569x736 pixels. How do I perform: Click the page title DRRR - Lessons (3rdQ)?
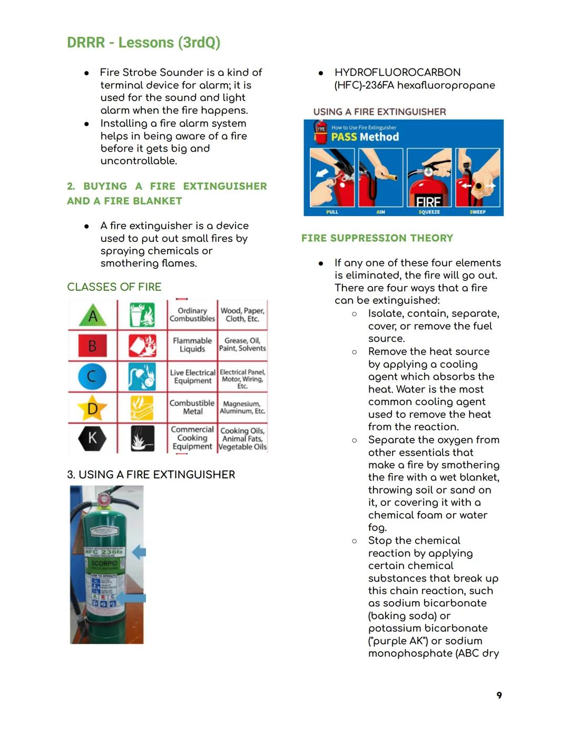coord(143,43)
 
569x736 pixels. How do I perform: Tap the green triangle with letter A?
coord(93,316)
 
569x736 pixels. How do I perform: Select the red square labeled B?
coord(92,346)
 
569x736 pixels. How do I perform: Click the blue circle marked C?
coord(92,376)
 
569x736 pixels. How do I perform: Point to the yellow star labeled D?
coord(92,408)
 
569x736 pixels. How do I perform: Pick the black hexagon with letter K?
coord(92,438)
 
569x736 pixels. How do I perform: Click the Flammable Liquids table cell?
coord(192,345)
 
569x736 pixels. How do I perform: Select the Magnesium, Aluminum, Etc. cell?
coord(242,407)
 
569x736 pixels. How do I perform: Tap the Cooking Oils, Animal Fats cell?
coord(242,438)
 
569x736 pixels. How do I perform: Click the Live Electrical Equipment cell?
coord(192,376)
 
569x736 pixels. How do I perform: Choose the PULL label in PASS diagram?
coord(332,212)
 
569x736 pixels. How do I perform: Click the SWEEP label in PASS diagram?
coord(477,212)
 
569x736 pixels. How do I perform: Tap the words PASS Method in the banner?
coord(365,137)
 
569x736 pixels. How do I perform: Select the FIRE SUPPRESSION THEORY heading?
coord(377,238)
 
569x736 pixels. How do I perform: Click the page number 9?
coord(499,695)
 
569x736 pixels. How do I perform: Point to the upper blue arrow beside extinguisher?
coord(139,552)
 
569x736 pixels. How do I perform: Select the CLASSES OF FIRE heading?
coord(114,287)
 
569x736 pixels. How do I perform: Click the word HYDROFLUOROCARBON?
coord(397,73)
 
